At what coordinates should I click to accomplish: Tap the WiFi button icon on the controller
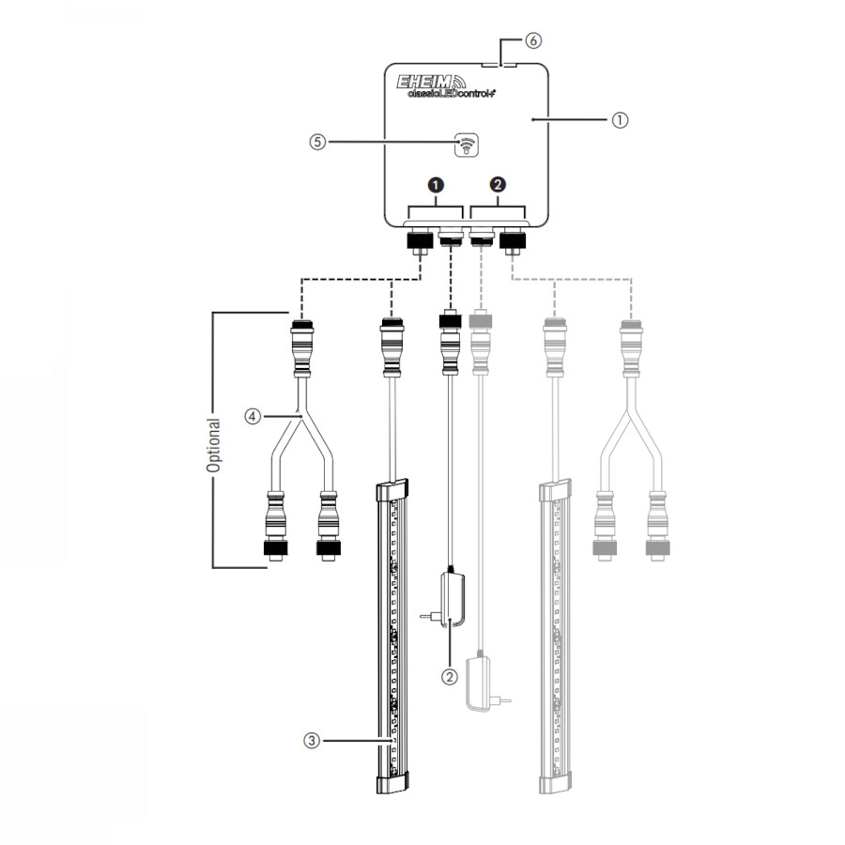point(466,145)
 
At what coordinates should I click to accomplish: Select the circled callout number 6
point(533,40)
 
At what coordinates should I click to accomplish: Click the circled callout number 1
point(620,119)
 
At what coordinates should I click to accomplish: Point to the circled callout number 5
point(317,142)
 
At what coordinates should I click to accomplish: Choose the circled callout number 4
point(253,416)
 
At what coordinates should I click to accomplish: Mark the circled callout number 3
point(312,741)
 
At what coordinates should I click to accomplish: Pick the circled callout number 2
point(449,677)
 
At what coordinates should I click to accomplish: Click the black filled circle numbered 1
point(436,185)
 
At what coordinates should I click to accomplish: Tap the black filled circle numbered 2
point(498,184)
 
